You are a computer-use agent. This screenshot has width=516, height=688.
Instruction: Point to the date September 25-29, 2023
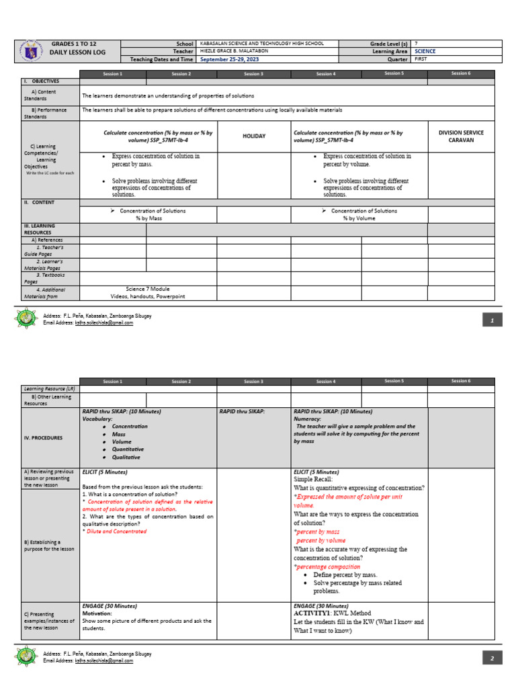(228, 59)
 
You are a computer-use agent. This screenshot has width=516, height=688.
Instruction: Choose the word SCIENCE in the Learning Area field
(425, 51)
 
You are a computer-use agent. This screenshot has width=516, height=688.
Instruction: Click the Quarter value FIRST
(421, 59)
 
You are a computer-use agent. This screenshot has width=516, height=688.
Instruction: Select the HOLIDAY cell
(253, 136)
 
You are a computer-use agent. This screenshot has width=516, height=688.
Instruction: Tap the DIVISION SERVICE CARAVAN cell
(460, 136)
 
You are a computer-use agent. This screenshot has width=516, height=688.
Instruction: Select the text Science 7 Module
(147, 289)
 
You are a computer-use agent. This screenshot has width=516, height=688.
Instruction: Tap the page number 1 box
(492, 321)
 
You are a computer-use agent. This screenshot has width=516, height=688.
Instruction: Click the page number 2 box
(492, 658)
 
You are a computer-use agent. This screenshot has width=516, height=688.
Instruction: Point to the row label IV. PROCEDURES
(44, 438)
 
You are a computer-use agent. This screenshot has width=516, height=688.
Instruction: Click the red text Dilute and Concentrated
(116, 531)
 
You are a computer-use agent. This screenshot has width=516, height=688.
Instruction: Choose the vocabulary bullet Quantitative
(128, 449)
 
